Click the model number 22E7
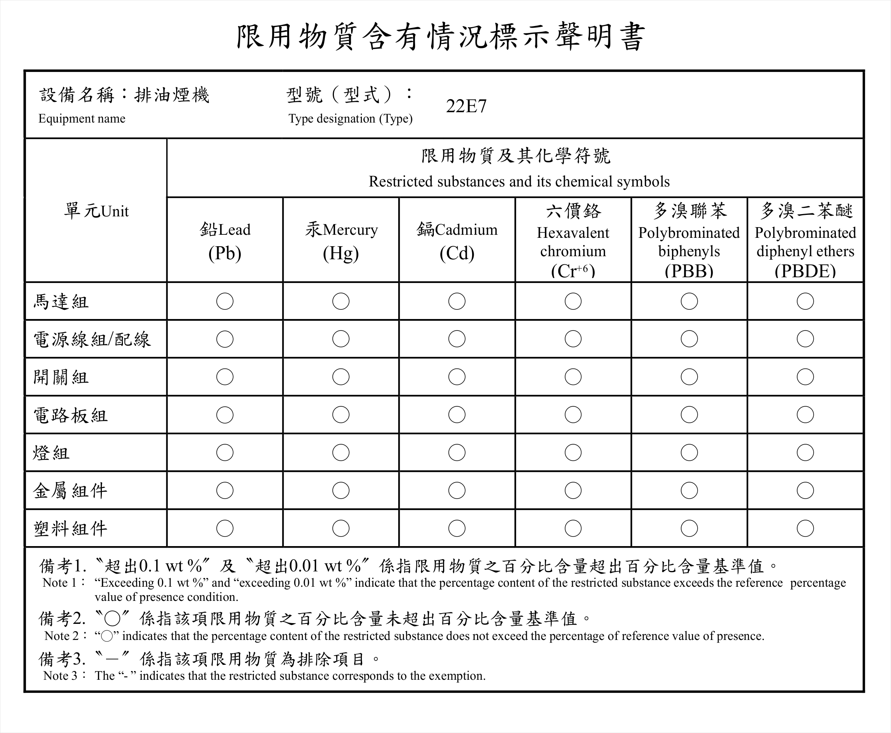[x=466, y=106]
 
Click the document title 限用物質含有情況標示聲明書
[x=441, y=37]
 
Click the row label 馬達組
[x=61, y=302]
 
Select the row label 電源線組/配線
[x=92, y=339]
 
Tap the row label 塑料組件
[x=70, y=528]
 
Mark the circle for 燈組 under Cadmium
[x=457, y=453]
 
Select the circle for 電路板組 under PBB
[x=689, y=415]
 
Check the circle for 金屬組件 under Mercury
[x=341, y=491]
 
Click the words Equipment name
[x=82, y=119]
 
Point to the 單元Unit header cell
[x=96, y=211]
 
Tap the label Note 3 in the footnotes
[x=61, y=676]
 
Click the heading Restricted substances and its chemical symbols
[x=519, y=182]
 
